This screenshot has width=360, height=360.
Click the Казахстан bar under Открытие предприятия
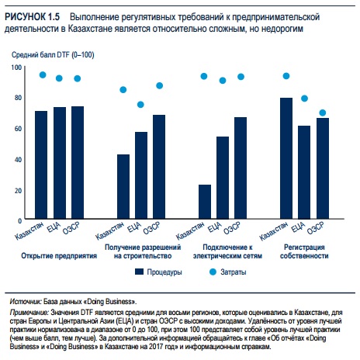pos(41,164)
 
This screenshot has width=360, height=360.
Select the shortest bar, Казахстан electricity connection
pos(205,202)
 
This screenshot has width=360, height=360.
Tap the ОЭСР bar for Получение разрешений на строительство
pos(159,167)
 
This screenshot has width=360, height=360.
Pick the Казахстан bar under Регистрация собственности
pos(286,158)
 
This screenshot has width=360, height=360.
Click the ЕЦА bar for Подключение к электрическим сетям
pos(223,178)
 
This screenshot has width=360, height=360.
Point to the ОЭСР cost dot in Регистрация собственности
pos(323,112)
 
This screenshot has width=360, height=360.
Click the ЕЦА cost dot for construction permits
pos(140,105)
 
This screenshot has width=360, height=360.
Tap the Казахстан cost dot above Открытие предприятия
pos(43,75)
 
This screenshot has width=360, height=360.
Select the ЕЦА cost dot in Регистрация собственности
pos(304,99)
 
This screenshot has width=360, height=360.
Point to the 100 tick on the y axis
pos(16,67)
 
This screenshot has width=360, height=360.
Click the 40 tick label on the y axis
pos(18,160)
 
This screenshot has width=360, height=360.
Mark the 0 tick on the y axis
pos(20,221)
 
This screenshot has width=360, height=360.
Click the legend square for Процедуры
pos(139,272)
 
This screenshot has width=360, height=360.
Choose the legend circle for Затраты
pos(213,272)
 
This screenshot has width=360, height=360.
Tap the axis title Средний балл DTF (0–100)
pos(53,55)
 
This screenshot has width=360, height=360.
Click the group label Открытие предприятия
pos(59,256)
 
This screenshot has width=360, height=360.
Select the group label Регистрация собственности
pos(304,251)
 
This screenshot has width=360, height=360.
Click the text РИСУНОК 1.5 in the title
pos(32,17)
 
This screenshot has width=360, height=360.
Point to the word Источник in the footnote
pos(26,302)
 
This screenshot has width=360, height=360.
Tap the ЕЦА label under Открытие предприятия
pos(54,227)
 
